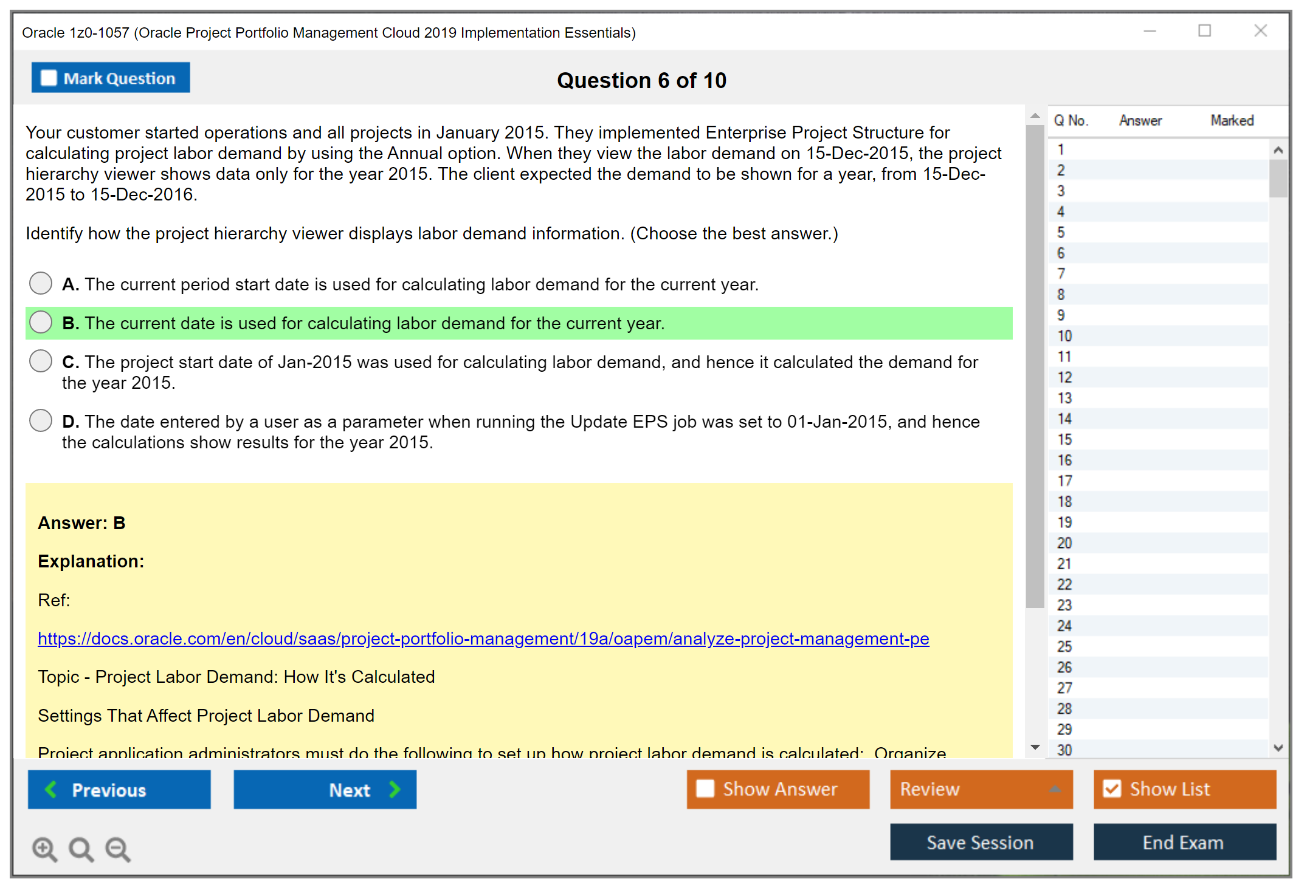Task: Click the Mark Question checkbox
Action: tap(49, 78)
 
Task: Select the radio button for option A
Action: tap(41, 283)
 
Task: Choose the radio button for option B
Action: tap(41, 322)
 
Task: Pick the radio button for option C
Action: tap(41, 361)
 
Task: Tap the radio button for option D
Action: tap(41, 420)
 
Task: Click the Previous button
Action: tap(119, 789)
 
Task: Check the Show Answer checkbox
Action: tap(705, 789)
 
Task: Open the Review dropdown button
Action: tap(981, 789)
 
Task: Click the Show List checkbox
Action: tap(1112, 789)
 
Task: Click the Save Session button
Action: tap(981, 842)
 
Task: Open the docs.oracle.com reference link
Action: tap(483, 638)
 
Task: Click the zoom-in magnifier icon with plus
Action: tap(44, 849)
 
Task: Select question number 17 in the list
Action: tap(1064, 481)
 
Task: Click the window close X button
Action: tap(1260, 31)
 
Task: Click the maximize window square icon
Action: tap(1204, 31)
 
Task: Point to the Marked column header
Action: tap(1232, 120)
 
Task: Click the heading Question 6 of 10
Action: tap(641, 80)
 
